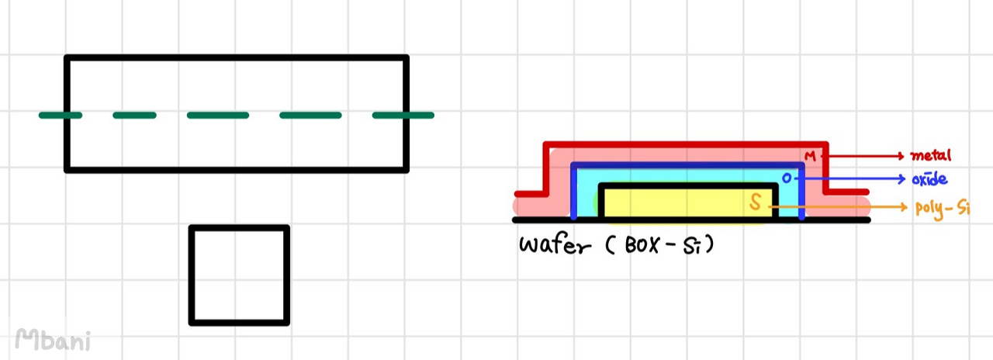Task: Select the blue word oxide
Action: coord(929,179)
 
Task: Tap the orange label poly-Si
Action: coord(942,208)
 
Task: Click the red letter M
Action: coord(810,157)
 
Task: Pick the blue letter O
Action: coord(787,178)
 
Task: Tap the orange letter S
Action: coord(756,204)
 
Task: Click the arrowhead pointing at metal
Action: coord(901,155)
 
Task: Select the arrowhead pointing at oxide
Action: coord(901,179)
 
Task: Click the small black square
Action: coord(239,275)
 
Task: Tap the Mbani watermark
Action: coord(52,339)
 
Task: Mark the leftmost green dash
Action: coord(61,116)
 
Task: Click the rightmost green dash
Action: coord(403,116)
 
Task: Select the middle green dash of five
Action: coord(218,116)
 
